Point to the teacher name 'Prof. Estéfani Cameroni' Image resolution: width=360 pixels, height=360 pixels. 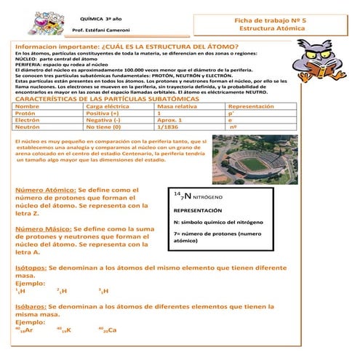(x=98, y=31)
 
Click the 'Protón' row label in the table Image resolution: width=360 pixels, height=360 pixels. (x=25, y=114)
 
